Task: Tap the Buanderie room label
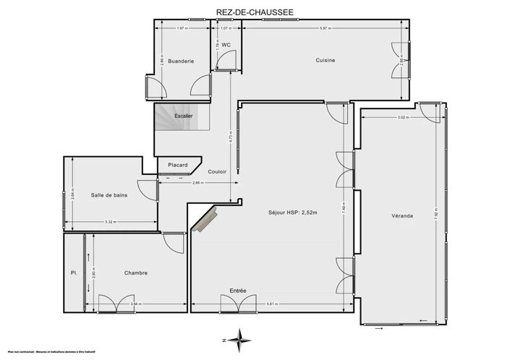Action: click(x=180, y=61)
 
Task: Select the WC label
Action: click(x=226, y=45)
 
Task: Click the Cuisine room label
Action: click(x=325, y=60)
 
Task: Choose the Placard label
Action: click(x=178, y=165)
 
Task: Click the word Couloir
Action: click(x=217, y=171)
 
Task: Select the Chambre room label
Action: click(x=135, y=273)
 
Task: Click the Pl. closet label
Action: click(x=74, y=273)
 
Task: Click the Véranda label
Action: click(x=403, y=215)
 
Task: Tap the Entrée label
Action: click(x=238, y=291)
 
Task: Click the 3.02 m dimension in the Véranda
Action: click(x=402, y=118)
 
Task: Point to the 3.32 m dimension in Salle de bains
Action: click(x=111, y=222)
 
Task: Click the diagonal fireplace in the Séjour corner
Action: click(x=205, y=219)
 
